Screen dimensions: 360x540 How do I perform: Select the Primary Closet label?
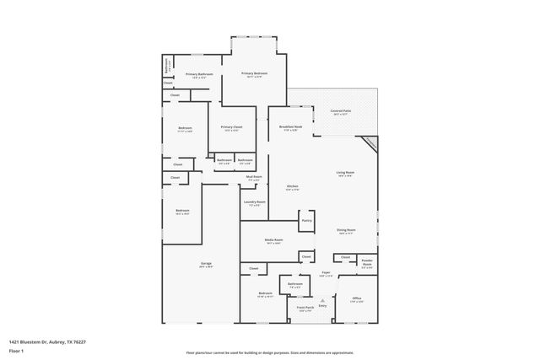coord(230,127)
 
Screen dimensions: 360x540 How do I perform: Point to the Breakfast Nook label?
coord(290,127)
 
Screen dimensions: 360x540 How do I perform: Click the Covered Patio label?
coord(341,110)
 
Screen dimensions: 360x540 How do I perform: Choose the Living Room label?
coord(345,173)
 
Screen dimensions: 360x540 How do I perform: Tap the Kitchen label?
coord(292,185)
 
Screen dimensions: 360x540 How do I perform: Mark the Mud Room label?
coord(254,177)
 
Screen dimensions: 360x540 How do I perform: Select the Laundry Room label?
coord(255,202)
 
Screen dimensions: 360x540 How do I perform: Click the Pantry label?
coord(306,221)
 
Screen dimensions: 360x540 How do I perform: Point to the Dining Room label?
coord(346,230)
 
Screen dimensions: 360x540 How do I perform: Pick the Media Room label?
coord(273,240)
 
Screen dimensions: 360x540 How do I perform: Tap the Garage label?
coord(206,264)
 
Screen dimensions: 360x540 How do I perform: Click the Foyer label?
coord(326,273)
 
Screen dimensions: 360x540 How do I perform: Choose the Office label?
coord(357,298)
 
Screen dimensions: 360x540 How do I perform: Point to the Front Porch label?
coord(305,309)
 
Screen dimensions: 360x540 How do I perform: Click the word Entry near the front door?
coord(322,305)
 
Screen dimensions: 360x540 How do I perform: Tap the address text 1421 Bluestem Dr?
coord(47,341)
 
